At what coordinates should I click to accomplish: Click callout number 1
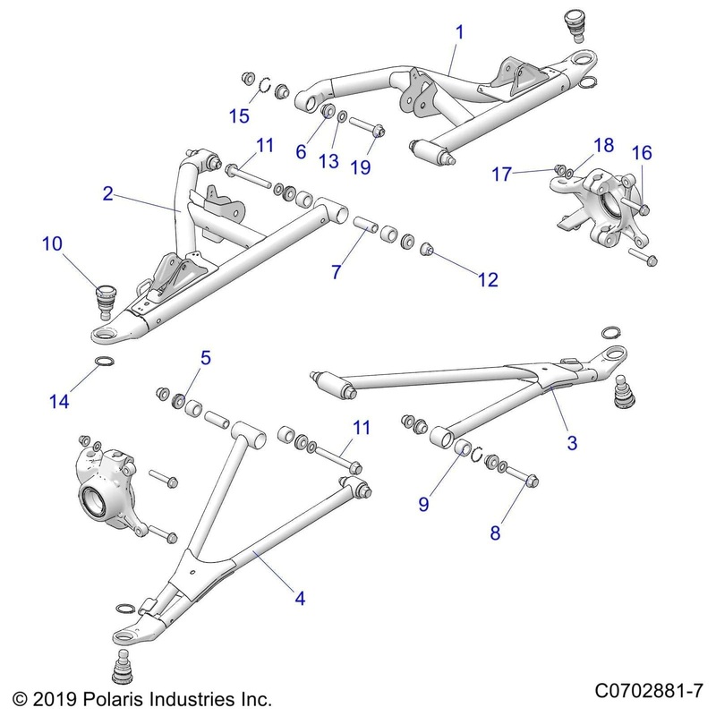[x=459, y=32]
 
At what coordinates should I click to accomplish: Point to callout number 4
[x=300, y=599]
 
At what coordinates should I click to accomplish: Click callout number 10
[x=51, y=243]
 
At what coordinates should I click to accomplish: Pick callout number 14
[x=59, y=403]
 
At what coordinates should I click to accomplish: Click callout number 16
[x=642, y=152]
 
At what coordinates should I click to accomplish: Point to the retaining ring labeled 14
[x=105, y=362]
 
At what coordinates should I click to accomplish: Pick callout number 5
[x=205, y=359]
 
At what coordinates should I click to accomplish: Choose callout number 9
[x=423, y=504]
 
